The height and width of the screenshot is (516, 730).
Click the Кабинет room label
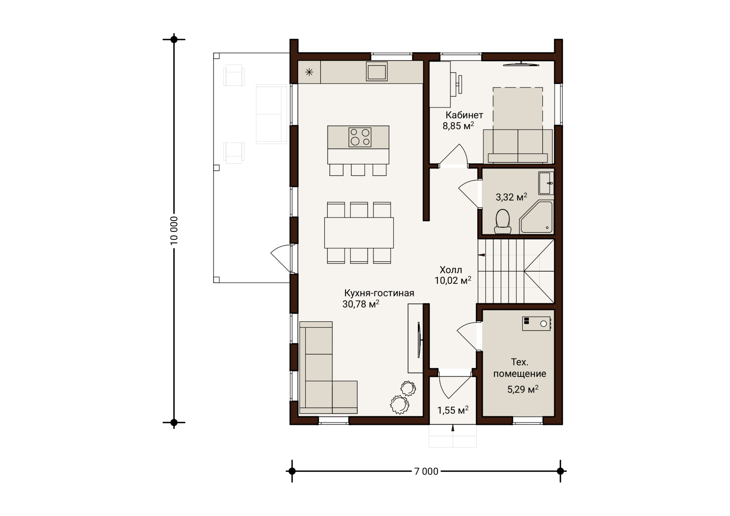(x=464, y=115)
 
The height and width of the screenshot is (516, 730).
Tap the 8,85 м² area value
(x=458, y=126)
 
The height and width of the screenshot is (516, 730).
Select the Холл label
(x=451, y=270)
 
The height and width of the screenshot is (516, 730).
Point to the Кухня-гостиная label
(x=379, y=293)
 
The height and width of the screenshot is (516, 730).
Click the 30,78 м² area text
(x=361, y=304)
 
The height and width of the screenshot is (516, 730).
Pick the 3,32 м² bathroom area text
(x=512, y=197)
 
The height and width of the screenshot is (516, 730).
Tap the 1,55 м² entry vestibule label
(x=453, y=410)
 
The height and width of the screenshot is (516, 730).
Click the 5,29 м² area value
(x=523, y=389)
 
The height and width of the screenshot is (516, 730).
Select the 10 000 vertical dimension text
(x=174, y=230)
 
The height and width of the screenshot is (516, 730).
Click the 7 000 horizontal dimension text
(x=426, y=471)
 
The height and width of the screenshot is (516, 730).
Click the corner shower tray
(x=536, y=217)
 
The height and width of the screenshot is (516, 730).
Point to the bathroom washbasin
(x=546, y=183)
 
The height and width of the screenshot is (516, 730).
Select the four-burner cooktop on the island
(x=360, y=137)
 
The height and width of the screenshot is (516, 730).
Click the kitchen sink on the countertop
(x=377, y=71)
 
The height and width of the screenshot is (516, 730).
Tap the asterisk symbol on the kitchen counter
(x=309, y=72)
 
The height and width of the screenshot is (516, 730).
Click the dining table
(x=359, y=233)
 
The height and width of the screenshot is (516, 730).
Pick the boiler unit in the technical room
(x=536, y=324)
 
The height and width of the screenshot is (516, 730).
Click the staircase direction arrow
(x=481, y=255)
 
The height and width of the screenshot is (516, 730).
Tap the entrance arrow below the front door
(x=453, y=428)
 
